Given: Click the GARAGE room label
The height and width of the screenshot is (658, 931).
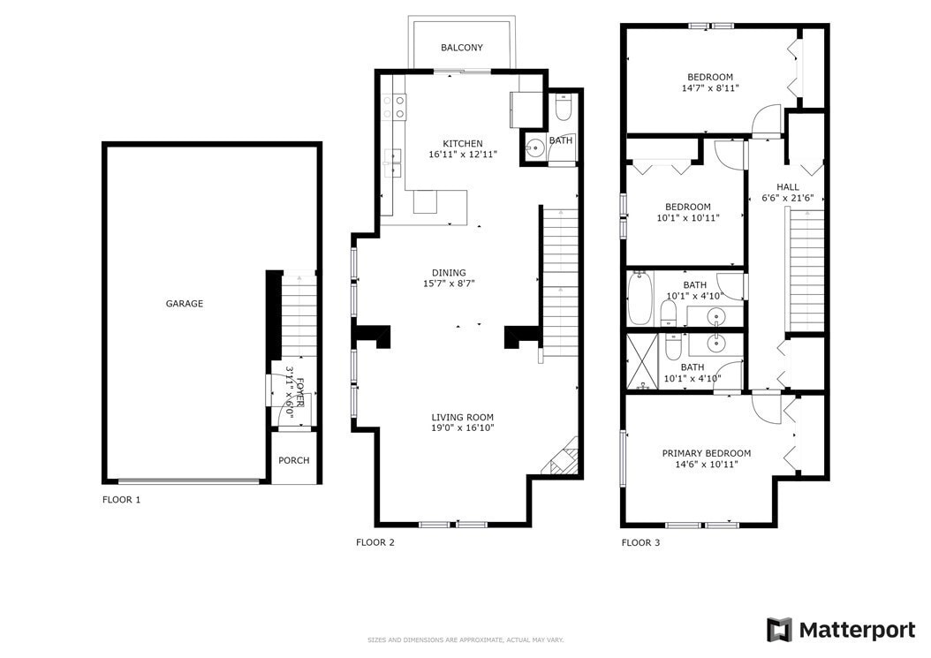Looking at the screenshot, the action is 184,304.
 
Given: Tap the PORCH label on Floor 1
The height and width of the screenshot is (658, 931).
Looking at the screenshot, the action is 294,460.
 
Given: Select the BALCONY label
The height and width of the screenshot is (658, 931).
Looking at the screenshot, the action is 461,48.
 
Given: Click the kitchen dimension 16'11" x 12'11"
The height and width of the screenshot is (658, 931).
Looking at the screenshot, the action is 463,155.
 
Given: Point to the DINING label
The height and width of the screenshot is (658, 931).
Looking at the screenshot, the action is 449,273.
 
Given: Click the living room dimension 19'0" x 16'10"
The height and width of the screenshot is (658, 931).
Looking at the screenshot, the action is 463,428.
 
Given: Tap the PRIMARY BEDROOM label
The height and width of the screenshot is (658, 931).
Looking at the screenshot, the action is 707,453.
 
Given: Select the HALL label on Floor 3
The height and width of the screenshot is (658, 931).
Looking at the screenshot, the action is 788,187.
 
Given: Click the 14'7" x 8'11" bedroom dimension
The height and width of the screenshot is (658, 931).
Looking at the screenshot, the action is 710,88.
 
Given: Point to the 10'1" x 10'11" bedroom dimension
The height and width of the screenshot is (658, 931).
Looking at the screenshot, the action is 687,218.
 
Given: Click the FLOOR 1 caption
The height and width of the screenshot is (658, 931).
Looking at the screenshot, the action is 121,499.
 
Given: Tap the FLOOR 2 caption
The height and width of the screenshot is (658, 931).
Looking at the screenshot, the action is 375,542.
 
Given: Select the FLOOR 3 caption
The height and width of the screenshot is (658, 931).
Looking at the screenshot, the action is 640,542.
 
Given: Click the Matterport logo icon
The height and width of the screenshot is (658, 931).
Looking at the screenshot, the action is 779,630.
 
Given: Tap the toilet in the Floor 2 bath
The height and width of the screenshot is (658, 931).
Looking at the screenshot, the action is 562,108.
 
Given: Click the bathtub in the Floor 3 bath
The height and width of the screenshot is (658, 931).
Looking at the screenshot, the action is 640,298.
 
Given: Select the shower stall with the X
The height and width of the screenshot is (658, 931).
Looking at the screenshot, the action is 642,361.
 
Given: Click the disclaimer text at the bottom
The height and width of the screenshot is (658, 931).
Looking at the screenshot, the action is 465,640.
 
